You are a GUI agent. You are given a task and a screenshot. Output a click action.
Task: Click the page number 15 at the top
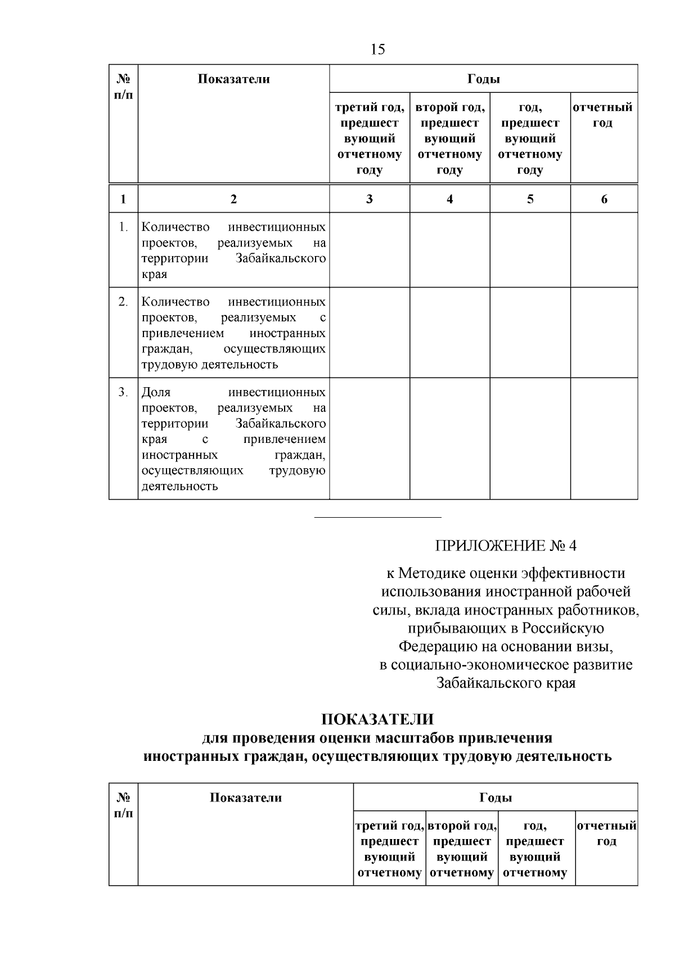pyautogui.click(x=378, y=50)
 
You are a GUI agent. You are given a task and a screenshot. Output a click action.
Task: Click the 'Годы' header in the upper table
pyautogui.click(x=483, y=79)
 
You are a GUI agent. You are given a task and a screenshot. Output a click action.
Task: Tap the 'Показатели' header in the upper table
pyautogui.click(x=233, y=79)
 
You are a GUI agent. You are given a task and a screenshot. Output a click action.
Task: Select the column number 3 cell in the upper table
pyautogui.click(x=369, y=199)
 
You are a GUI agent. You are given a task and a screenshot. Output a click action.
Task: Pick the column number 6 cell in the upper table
pyautogui.click(x=604, y=199)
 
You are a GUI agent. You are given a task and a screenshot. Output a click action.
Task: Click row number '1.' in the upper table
pyautogui.click(x=123, y=227)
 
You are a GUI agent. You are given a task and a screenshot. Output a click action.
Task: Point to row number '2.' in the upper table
pyautogui.click(x=123, y=302)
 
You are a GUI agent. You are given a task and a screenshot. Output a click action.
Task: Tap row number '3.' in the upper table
pyautogui.click(x=123, y=392)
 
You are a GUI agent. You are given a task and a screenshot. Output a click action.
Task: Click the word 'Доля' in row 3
pyautogui.click(x=156, y=392)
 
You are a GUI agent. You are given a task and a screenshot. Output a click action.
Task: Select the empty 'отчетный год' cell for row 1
pyautogui.click(x=604, y=250)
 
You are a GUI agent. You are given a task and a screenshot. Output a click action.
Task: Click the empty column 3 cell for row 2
pyautogui.click(x=369, y=333)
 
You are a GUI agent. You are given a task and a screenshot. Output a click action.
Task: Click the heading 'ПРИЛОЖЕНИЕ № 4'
pyautogui.click(x=506, y=546)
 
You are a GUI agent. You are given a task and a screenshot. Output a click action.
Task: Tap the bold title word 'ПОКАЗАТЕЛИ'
pyautogui.click(x=377, y=720)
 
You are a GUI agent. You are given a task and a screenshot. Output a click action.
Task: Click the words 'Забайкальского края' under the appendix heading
pyautogui.click(x=506, y=683)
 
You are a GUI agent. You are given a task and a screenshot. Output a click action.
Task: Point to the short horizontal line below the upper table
pyautogui.click(x=377, y=517)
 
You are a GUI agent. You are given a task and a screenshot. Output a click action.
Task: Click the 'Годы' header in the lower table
pyautogui.click(x=496, y=797)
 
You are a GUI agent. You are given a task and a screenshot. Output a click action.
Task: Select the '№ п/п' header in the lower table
pyautogui.click(x=123, y=805)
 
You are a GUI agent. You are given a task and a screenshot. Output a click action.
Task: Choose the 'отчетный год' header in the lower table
pyautogui.click(x=606, y=833)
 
